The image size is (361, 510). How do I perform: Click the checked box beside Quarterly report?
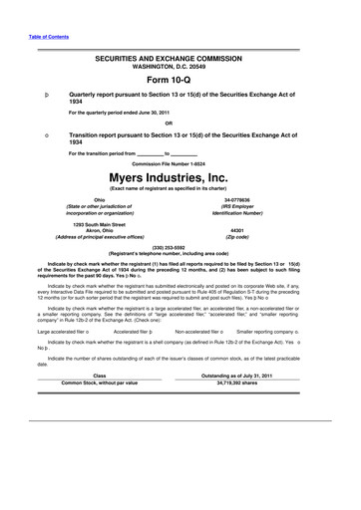tap(33, 93)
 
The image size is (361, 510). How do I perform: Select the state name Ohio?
tap(98, 199)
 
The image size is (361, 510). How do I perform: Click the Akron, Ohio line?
tap(98, 229)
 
